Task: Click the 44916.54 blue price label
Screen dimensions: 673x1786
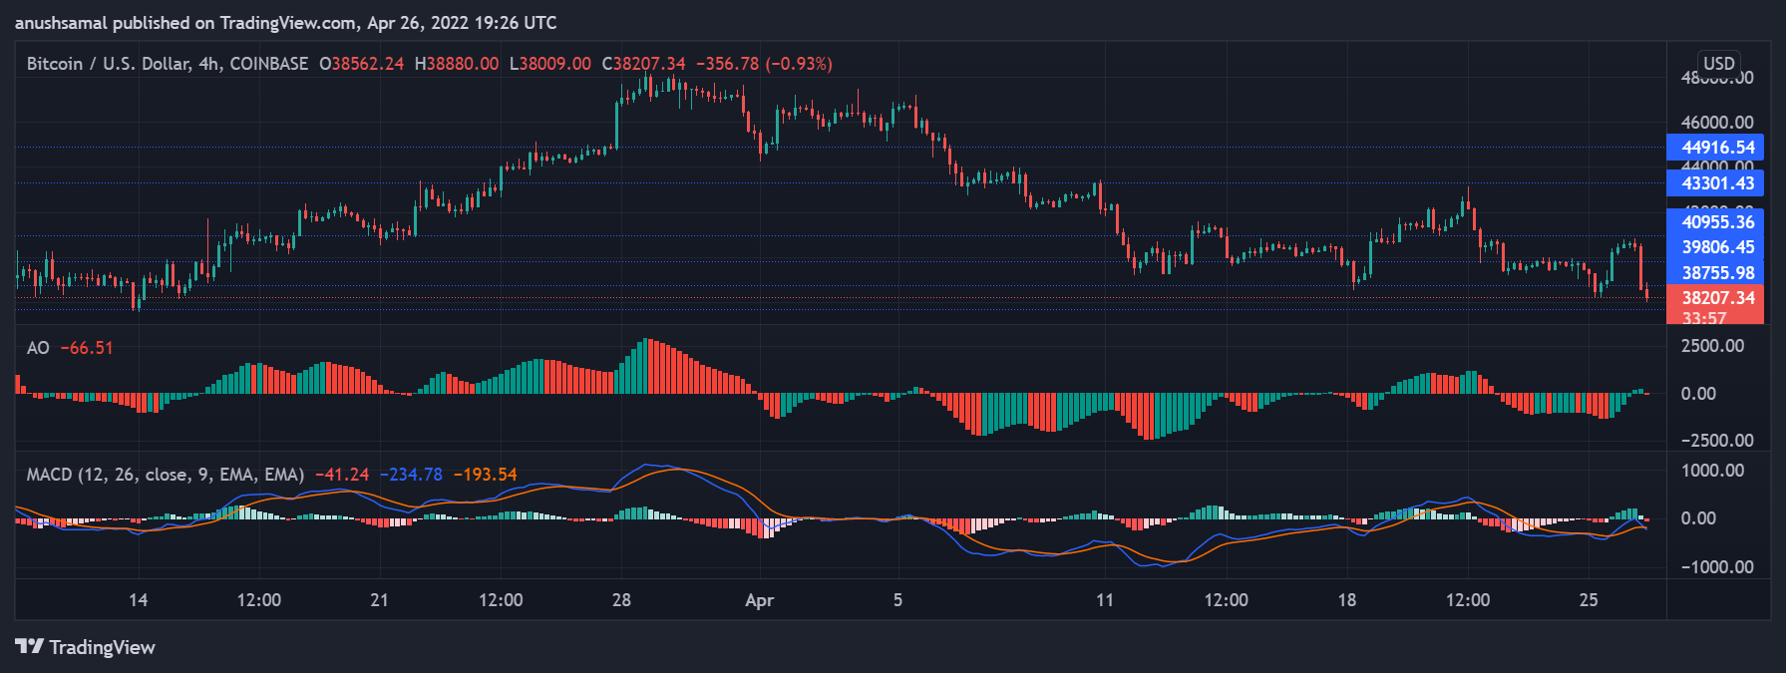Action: click(x=1716, y=148)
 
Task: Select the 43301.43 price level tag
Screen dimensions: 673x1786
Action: click(x=1716, y=183)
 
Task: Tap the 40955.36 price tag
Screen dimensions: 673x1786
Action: click(x=1716, y=222)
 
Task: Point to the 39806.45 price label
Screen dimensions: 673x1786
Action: click(x=1716, y=247)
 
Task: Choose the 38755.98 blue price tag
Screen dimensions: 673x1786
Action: click(x=1716, y=273)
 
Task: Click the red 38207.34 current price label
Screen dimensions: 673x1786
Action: click(x=1716, y=298)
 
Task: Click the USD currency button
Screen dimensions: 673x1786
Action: click(x=1718, y=64)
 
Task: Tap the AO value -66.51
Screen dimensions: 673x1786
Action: click(x=87, y=348)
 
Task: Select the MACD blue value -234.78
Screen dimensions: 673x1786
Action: click(x=411, y=475)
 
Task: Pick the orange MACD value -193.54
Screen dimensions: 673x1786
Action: click(x=485, y=475)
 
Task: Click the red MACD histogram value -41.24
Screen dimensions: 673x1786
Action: click(x=342, y=475)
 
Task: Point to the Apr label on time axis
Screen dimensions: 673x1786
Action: click(x=760, y=600)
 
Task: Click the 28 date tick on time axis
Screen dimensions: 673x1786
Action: click(x=621, y=600)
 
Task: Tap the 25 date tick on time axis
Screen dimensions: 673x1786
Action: click(x=1589, y=600)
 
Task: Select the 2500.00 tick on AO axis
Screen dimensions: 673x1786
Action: click(x=1712, y=346)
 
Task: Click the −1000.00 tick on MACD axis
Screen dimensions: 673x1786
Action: click(x=1712, y=567)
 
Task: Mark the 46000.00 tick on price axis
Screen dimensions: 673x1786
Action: click(x=1716, y=123)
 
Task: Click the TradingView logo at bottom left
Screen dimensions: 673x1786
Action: click(x=86, y=647)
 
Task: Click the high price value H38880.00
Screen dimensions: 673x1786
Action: click(x=457, y=64)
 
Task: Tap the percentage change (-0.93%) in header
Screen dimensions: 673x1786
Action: click(x=799, y=64)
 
